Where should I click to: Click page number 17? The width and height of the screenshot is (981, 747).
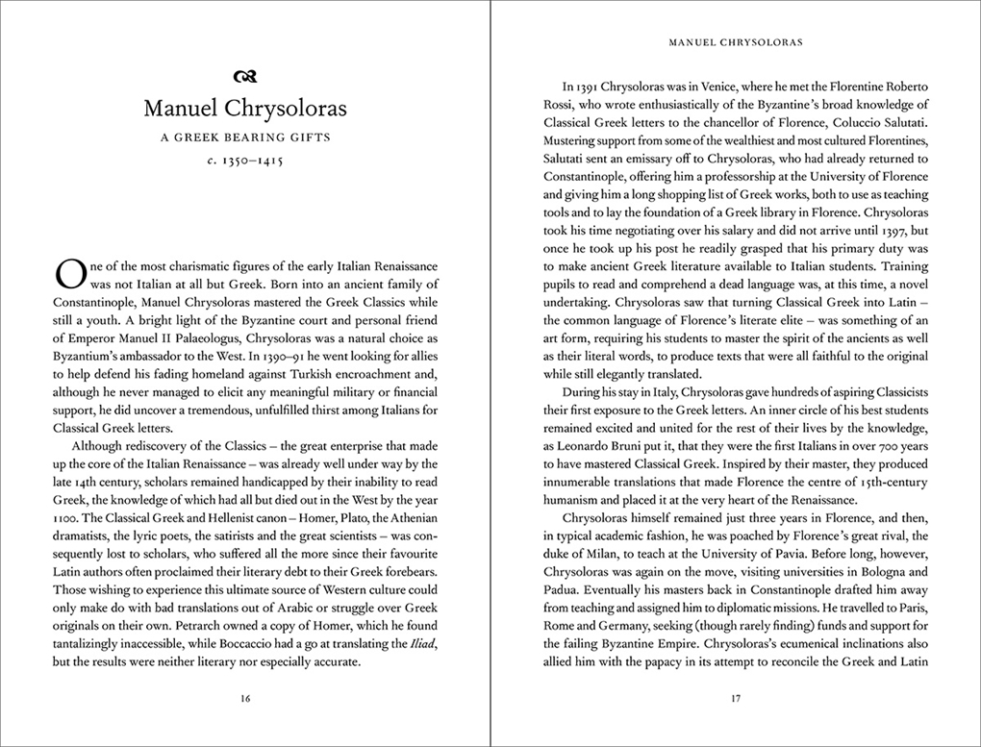coord(735,699)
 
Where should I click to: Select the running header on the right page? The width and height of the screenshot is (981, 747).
coord(735,42)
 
